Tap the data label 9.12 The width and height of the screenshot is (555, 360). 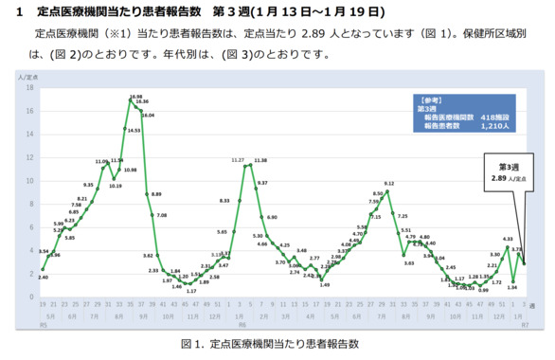[x=389, y=182]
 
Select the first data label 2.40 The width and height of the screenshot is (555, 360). [x=44, y=276]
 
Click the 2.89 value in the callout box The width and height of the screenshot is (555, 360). [x=502, y=177]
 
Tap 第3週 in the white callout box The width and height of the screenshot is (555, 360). [x=511, y=167]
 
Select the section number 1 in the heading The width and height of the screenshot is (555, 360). [x=19, y=12]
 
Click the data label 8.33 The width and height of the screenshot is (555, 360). [x=224, y=201]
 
